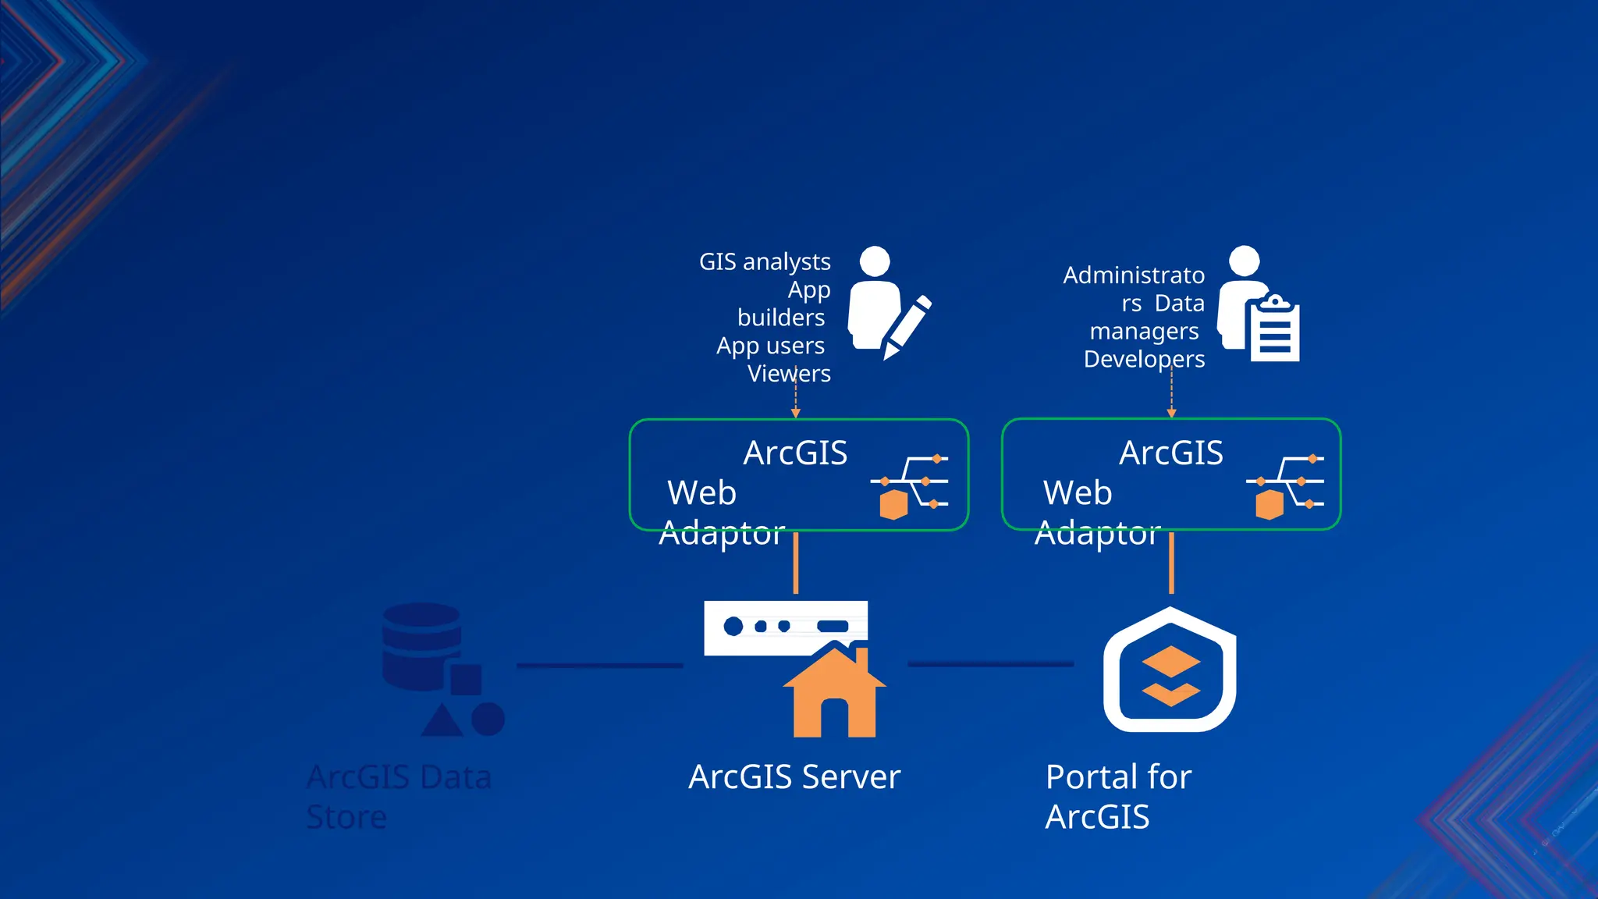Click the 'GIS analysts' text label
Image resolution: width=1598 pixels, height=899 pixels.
pos(765,261)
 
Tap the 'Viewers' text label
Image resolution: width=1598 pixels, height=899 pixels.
pos(789,374)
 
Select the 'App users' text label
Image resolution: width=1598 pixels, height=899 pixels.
pos(770,346)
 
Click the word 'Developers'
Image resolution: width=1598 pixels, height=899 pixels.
pos(1144,359)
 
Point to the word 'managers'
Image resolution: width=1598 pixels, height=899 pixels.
pos(1144,332)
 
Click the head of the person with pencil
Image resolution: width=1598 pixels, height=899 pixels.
pos(875,261)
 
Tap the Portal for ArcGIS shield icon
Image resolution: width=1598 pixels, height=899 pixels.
pos(1170,671)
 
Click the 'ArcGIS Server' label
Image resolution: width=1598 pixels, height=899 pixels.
pos(794,776)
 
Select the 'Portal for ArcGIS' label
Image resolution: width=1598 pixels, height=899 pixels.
pos(1117,797)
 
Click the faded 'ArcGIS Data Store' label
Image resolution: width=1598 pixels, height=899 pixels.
pos(398,797)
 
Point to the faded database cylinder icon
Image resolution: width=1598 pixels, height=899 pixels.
pos(421,646)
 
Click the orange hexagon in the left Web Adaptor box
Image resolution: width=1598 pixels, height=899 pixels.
pos(893,505)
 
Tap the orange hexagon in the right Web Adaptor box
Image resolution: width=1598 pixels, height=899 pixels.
pos(1270,504)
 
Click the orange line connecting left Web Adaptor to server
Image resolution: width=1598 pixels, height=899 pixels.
pos(795,563)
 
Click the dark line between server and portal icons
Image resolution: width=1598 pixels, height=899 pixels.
pos(990,664)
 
